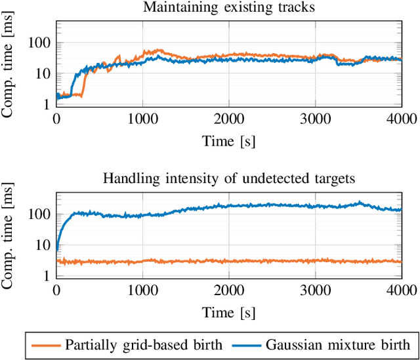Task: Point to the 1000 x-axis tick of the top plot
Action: pos(142,119)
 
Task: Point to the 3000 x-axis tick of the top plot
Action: pos(315,119)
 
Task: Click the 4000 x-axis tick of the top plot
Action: pos(401,119)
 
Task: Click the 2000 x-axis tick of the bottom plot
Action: pos(228,290)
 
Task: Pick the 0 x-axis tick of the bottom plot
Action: pos(56,290)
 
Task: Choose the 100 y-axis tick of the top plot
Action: pos(40,43)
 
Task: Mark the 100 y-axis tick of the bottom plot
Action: pos(40,214)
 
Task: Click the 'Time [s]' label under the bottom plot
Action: pos(228,310)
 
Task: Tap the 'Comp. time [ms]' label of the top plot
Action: pos(9,66)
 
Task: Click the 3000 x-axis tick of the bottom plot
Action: pos(315,290)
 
